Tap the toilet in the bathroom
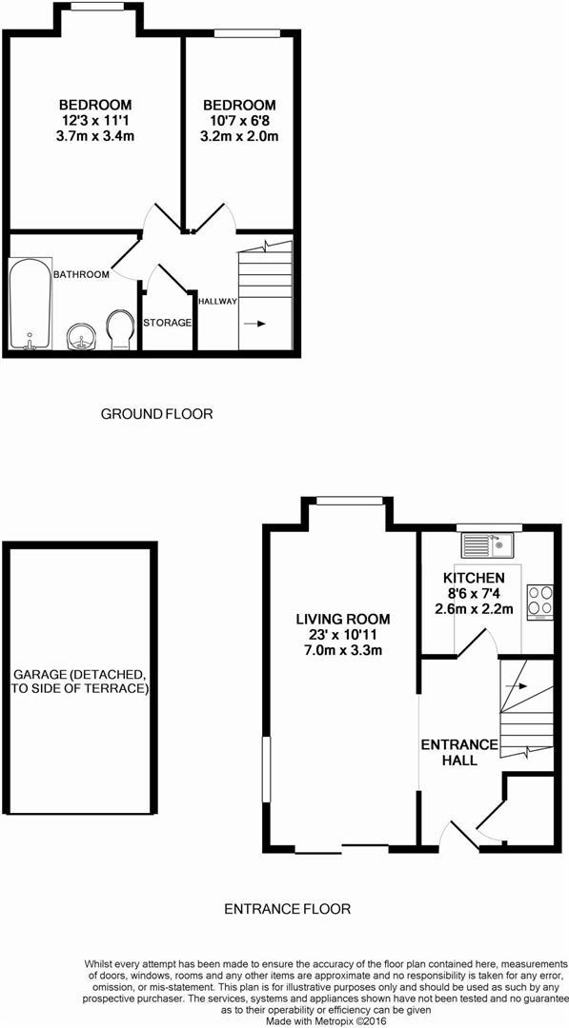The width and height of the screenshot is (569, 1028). [x=120, y=329]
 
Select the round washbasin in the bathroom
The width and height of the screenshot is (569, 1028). [x=80, y=335]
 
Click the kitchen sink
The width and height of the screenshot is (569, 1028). [x=487, y=545]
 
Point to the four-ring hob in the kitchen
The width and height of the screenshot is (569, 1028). [x=539, y=603]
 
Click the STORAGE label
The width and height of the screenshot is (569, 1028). [x=168, y=323]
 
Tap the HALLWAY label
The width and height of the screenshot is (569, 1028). [x=217, y=301]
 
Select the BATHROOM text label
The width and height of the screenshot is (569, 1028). [x=81, y=275]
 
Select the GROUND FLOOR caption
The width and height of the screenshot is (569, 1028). [x=157, y=414]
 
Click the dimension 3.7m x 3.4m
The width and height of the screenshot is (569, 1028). [x=95, y=136]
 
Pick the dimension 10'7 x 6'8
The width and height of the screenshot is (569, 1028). [x=239, y=121]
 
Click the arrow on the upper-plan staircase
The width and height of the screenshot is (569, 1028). [x=254, y=324]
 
